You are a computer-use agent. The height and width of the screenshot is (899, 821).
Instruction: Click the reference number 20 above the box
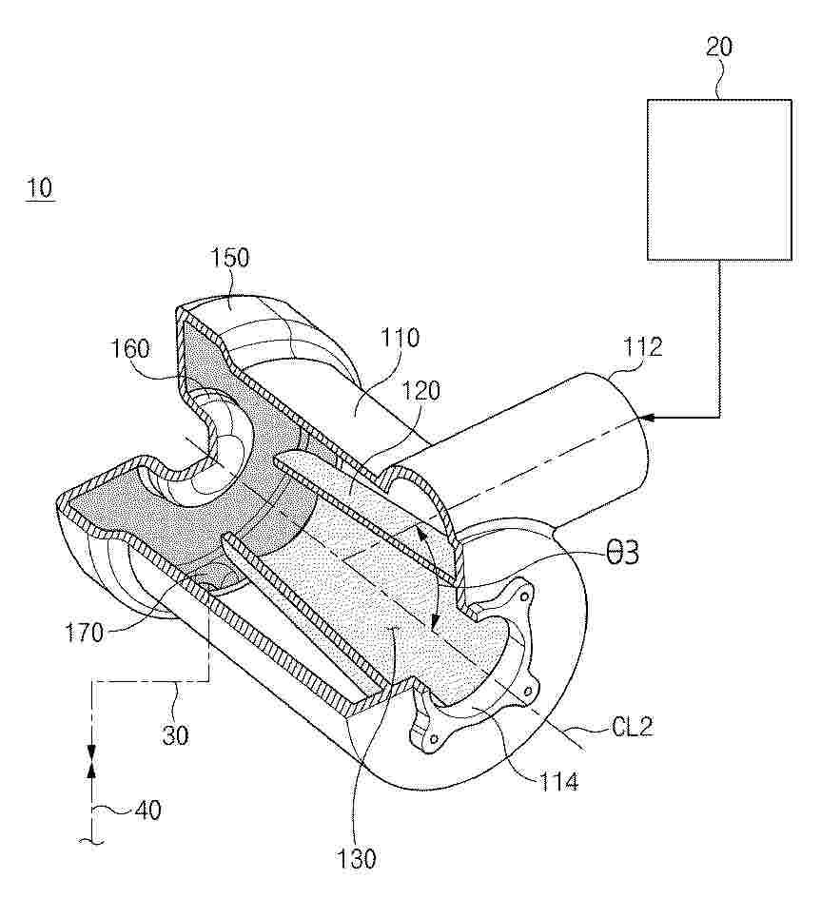(x=719, y=47)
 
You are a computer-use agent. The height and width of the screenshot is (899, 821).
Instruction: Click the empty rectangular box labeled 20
(x=719, y=180)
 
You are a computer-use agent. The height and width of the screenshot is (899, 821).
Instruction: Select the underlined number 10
(x=40, y=187)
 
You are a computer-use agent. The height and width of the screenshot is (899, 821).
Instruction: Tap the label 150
(x=229, y=258)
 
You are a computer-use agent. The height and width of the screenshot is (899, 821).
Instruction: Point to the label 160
(x=130, y=348)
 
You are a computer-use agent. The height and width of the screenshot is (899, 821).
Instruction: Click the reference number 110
(x=401, y=339)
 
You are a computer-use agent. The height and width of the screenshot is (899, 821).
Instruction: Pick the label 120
(x=420, y=391)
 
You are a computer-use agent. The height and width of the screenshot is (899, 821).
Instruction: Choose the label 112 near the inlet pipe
(x=643, y=347)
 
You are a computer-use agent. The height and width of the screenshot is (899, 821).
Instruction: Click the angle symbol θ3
(x=622, y=554)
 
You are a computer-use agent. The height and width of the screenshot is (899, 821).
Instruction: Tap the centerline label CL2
(x=633, y=728)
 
